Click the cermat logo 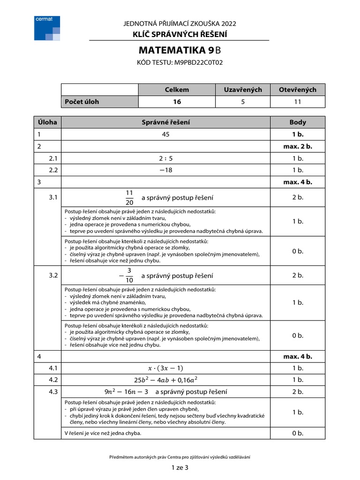(x=47, y=28)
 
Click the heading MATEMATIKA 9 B (x=180, y=51)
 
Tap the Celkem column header (x=177, y=90)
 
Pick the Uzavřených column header (x=243, y=90)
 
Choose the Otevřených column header (x=298, y=90)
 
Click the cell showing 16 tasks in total (x=177, y=102)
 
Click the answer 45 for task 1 (x=166, y=135)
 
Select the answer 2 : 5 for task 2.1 (x=166, y=158)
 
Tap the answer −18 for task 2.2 (x=166, y=170)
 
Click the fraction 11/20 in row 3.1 (x=130, y=198)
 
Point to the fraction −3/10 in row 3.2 (x=127, y=276)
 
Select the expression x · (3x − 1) (x=166, y=368)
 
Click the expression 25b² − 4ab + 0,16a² (x=166, y=380)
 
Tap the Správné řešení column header (x=166, y=122)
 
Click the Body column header (x=298, y=122)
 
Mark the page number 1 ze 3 (x=180, y=467)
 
